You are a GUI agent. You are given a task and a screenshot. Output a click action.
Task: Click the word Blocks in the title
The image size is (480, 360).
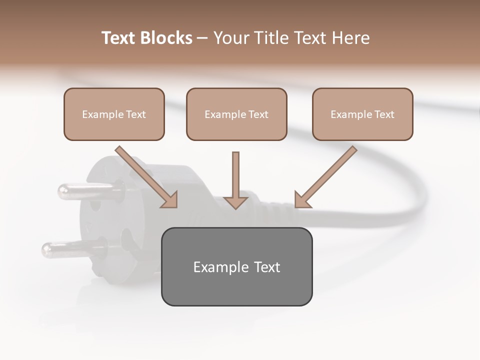point(165,38)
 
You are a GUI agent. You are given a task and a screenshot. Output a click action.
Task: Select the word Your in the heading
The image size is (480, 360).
point(232,38)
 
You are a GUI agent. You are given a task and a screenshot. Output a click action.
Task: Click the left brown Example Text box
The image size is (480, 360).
point(114,114)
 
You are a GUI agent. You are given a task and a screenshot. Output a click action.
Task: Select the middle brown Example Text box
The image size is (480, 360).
point(236,114)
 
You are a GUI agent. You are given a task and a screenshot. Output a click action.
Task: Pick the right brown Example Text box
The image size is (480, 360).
point(362,114)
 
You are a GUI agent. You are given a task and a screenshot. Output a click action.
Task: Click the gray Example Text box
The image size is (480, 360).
point(236,266)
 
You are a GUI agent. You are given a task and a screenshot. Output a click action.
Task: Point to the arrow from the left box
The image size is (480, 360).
point(145,175)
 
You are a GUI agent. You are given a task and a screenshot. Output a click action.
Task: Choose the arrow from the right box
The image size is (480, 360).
point(327,175)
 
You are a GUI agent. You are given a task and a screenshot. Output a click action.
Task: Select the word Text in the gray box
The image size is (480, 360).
point(266,267)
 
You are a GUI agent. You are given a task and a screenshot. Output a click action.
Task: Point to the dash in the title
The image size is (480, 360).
point(202,38)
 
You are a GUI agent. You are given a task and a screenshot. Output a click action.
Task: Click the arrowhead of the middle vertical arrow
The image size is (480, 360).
point(235,202)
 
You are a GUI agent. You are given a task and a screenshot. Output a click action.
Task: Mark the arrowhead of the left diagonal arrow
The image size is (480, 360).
point(170,199)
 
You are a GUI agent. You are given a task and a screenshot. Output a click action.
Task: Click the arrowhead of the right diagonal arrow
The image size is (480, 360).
point(301,199)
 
